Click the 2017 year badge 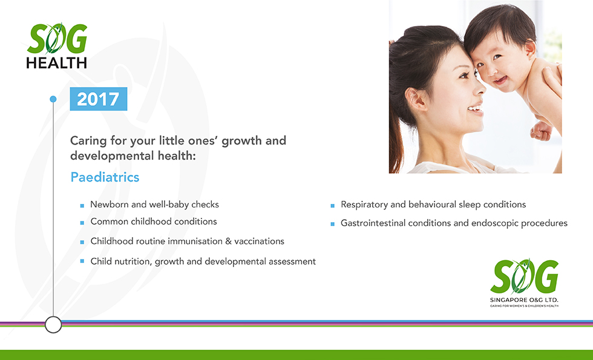point(98,99)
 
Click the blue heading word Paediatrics point(105,177)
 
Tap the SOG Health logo point(57,46)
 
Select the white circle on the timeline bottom point(53,324)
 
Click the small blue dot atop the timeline point(53,99)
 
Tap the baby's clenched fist point(541,131)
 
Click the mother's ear point(415,100)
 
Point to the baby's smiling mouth point(500,80)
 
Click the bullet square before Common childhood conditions point(82,223)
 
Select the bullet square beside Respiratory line point(332,206)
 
